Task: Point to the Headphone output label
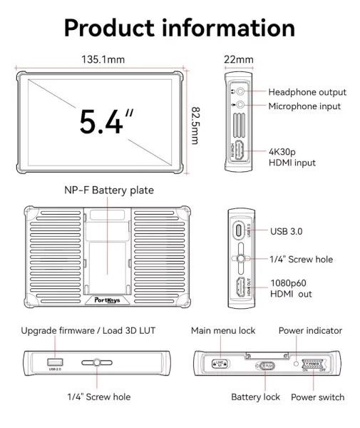307,92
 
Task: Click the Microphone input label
304,106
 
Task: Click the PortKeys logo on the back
107,300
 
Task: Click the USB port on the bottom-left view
55,361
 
